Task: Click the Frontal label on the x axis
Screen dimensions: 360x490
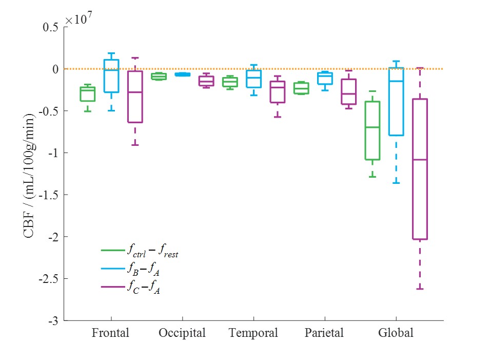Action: click(110, 333)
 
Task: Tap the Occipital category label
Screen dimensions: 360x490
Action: click(182, 333)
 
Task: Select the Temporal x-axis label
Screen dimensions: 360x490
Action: click(253, 333)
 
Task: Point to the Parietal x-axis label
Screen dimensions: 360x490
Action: click(324, 333)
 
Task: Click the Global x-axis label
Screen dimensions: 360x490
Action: click(396, 333)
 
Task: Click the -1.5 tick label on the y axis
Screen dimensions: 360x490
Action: click(49, 195)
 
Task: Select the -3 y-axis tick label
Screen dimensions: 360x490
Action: click(53, 321)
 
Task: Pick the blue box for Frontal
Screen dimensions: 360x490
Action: click(111, 76)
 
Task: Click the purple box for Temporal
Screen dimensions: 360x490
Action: click(278, 92)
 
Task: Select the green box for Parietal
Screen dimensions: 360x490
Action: click(301, 88)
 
